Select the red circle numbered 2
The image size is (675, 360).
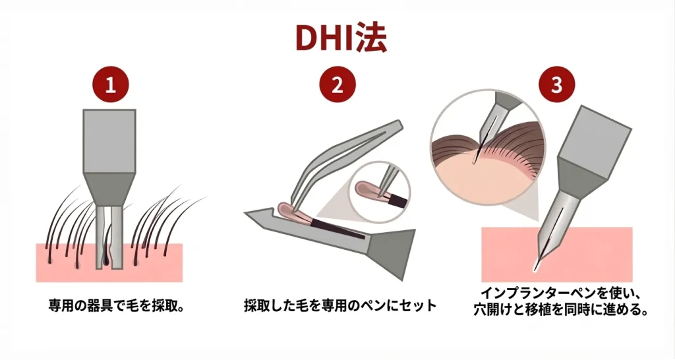337,86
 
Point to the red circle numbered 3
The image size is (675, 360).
558,86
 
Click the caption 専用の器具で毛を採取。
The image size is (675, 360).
109,306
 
